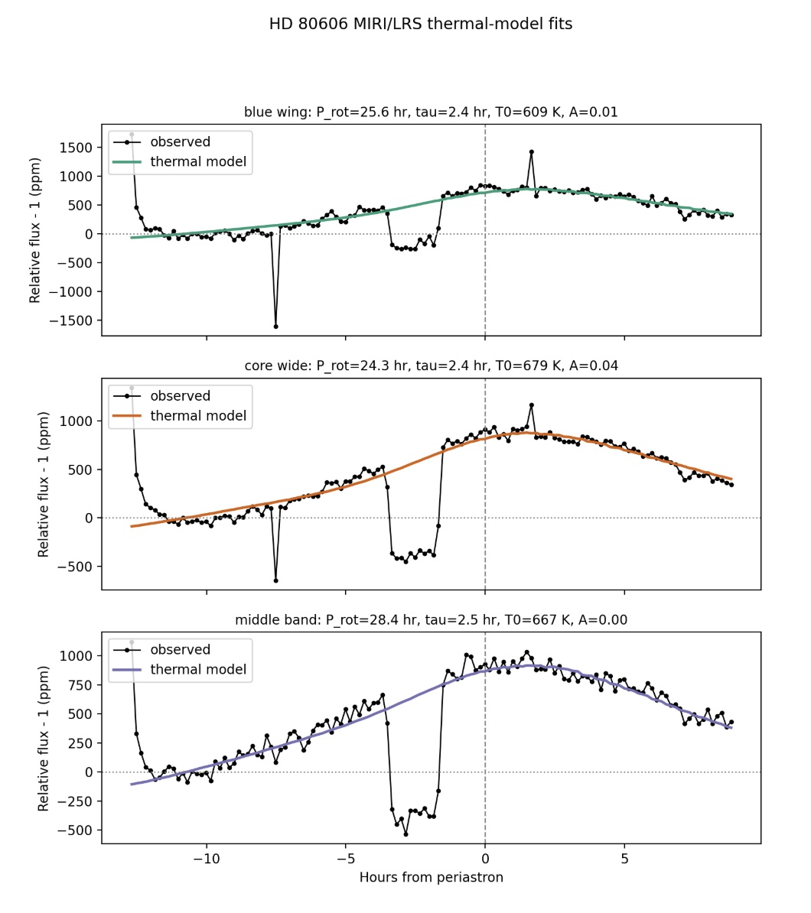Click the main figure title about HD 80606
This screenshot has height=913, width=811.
click(420, 24)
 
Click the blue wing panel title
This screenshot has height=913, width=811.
click(431, 112)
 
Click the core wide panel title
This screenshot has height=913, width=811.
click(431, 366)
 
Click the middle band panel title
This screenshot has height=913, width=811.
click(431, 620)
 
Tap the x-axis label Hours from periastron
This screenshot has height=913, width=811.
click(431, 877)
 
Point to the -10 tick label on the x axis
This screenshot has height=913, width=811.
click(206, 858)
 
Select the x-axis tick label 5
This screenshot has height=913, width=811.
click(624, 858)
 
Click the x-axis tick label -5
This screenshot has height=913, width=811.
click(345, 858)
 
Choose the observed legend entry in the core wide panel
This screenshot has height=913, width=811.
click(180, 396)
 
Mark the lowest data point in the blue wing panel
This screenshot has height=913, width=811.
click(275, 327)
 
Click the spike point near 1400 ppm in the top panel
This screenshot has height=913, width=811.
click(532, 152)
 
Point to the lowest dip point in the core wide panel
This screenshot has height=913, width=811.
click(275, 580)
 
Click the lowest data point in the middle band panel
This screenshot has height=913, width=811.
click(405, 834)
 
